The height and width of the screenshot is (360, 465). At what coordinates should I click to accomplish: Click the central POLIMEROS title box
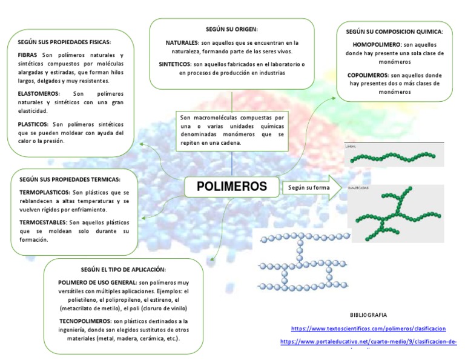[232, 187]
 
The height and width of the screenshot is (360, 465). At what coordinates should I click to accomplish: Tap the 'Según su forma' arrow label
[309, 187]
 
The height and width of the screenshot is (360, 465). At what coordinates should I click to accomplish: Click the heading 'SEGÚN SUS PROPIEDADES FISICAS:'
[65, 42]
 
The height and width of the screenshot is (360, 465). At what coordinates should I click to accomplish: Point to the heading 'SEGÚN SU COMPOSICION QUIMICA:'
[395, 32]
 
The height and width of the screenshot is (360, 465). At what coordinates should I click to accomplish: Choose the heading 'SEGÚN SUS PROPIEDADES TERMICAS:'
[70, 179]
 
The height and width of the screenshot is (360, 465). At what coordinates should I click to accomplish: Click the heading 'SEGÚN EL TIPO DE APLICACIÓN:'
[123, 269]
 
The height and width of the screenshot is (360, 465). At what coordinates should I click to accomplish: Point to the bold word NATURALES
[182, 44]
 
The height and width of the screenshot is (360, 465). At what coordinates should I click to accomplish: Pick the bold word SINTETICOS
[175, 64]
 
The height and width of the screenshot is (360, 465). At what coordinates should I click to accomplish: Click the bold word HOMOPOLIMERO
[375, 45]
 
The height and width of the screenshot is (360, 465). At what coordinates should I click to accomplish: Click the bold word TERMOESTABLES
[43, 222]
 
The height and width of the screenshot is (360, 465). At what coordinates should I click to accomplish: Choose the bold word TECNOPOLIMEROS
[84, 321]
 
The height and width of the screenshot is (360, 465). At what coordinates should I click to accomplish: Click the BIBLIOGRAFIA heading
[368, 315]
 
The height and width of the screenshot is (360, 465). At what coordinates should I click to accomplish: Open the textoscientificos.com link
[368, 328]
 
